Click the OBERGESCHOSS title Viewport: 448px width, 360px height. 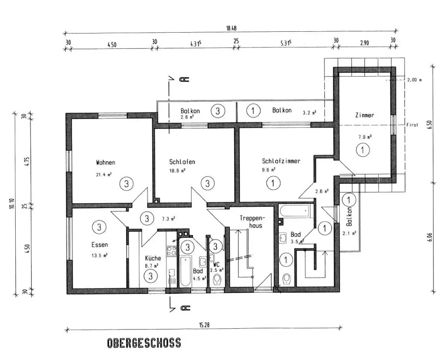144,343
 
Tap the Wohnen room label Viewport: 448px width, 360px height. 106,163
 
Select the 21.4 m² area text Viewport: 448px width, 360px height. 104,175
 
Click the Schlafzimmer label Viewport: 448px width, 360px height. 281,161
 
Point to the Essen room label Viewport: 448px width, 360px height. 100,244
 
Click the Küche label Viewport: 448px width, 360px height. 153,258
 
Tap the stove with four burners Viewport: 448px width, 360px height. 172,251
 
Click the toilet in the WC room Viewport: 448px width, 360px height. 217,280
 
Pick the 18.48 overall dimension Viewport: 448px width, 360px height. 231,28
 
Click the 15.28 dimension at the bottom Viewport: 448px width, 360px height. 204,325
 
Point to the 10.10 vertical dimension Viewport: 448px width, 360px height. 12,203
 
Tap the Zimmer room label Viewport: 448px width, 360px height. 365,115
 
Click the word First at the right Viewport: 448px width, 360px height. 412,125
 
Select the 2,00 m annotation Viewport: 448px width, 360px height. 414,80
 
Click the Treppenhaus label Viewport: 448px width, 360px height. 253,222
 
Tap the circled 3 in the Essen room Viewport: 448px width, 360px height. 99,227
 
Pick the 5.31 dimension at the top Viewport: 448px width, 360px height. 286,43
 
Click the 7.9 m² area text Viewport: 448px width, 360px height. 365,137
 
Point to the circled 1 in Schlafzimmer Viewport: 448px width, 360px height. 273,183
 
